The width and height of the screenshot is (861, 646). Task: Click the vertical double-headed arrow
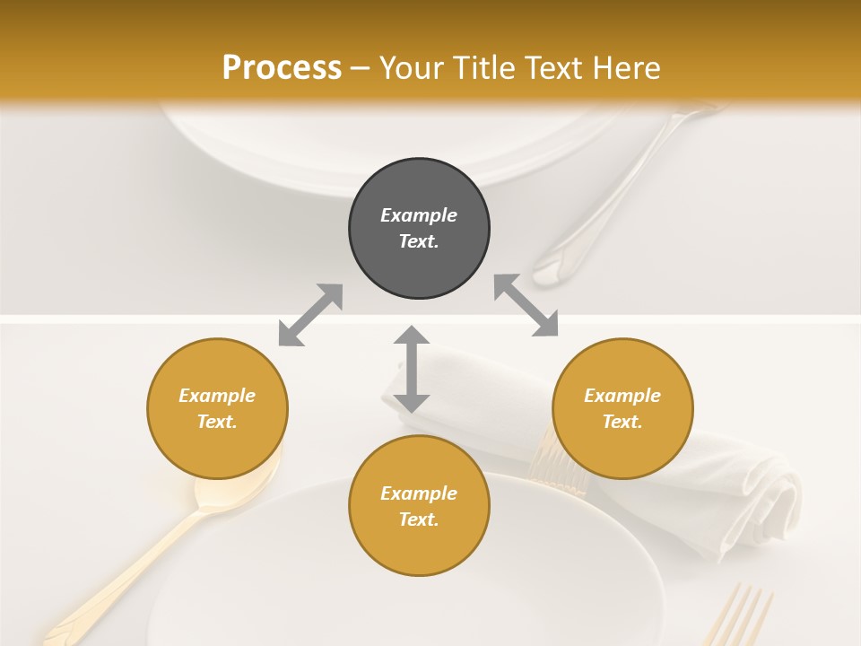click(x=412, y=369)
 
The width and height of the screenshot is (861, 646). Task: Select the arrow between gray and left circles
click(x=310, y=315)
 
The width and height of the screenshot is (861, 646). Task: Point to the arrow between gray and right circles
click(x=526, y=305)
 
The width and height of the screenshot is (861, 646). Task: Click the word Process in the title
click(x=282, y=67)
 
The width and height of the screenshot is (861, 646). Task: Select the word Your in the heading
click(x=412, y=67)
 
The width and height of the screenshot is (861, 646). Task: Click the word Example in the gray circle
click(x=419, y=215)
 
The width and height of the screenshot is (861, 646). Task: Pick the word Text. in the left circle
click(x=217, y=422)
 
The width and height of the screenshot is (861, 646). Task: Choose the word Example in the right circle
click(x=622, y=396)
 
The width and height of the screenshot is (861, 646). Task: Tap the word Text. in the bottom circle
click(x=419, y=519)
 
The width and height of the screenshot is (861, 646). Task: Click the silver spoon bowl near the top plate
click(x=561, y=265)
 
